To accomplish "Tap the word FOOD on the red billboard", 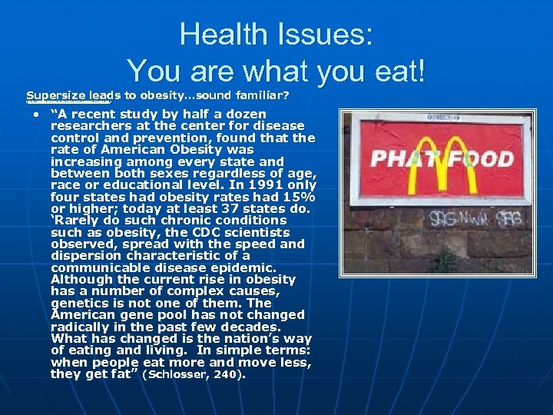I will pyautogui.click(x=485, y=160).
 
